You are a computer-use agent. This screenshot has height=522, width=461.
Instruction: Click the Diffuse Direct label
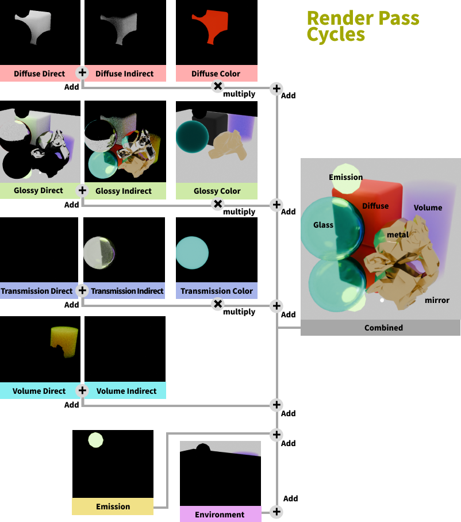coord(39,74)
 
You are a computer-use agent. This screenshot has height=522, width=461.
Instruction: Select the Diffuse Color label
coord(216,74)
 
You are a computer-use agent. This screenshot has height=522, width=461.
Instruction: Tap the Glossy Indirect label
coord(124,191)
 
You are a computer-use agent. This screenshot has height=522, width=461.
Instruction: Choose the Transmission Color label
coord(216,291)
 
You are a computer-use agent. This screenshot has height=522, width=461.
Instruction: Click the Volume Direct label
coord(39,391)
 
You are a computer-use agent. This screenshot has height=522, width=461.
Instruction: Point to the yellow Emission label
coord(113,506)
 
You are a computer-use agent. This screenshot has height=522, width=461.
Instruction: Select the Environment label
coord(220,515)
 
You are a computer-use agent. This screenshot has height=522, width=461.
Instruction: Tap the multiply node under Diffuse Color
coord(217,86)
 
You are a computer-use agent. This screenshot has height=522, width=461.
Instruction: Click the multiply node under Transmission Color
coord(217,304)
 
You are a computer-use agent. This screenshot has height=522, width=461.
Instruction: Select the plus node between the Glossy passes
coord(82,190)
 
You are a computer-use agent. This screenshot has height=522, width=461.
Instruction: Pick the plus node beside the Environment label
coord(276,512)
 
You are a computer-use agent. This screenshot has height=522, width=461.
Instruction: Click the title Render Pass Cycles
coord(362,26)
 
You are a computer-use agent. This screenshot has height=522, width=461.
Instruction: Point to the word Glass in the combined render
coord(323,225)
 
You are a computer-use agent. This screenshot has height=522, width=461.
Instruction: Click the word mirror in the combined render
coord(437,300)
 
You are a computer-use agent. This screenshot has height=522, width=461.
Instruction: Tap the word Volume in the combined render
coord(428,208)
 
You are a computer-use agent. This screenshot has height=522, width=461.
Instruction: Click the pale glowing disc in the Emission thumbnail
coord(95,440)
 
